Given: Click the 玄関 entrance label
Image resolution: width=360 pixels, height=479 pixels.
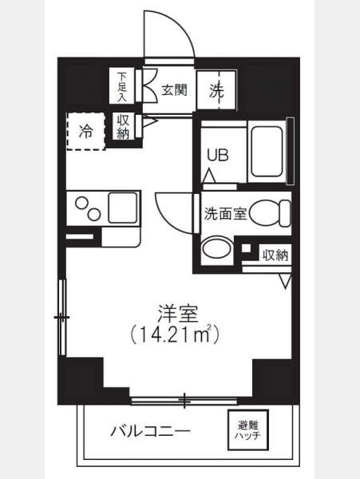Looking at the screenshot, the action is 174,90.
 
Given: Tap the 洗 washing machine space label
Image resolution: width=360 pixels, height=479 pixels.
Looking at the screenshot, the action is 216,91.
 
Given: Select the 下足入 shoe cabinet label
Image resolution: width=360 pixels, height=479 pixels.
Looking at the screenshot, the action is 122,86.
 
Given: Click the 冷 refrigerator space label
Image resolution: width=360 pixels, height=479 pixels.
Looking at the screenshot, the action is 85,132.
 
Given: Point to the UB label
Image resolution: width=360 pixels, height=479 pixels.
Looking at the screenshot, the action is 218,156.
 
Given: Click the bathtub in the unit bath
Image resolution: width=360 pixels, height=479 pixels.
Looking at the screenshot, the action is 267,152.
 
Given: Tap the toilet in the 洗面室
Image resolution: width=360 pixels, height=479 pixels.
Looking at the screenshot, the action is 270,213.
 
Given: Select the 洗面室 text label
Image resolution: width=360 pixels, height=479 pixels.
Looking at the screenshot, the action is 226,213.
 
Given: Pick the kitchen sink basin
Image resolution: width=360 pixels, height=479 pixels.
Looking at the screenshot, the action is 122,208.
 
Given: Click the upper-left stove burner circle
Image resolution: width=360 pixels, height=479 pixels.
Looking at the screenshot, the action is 82,203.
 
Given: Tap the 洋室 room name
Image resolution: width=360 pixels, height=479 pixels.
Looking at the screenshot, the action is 178,315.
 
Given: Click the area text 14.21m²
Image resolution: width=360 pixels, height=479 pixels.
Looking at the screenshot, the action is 175,335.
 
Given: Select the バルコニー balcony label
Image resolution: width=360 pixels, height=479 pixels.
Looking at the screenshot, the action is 150,432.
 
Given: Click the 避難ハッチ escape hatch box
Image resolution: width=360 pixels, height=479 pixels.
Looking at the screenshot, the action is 247,430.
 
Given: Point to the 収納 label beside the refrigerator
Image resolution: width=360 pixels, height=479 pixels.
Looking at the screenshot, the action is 123,127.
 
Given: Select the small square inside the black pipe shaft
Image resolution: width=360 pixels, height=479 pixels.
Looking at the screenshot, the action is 246,247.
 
